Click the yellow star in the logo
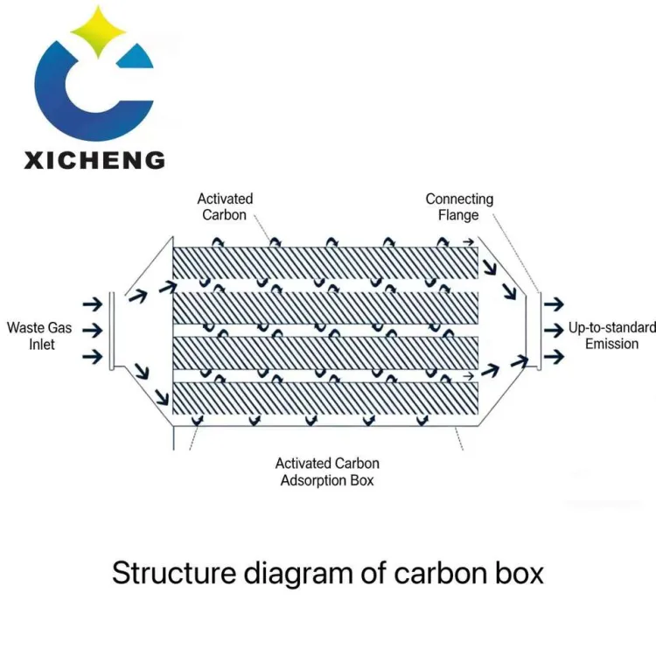(98, 31)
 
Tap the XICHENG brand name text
(95, 160)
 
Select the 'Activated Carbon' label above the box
(225, 206)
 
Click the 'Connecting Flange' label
(459, 206)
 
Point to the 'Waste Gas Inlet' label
(39, 336)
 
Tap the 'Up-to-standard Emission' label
(611, 335)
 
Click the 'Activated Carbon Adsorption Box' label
(327, 471)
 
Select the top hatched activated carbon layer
(325, 262)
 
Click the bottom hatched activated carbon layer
(325, 398)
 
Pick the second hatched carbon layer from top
(325, 308)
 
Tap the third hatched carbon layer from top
(325, 352)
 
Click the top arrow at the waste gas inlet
(93, 304)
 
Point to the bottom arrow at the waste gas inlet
(93, 357)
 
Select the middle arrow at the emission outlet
(554, 331)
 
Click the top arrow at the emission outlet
(554, 304)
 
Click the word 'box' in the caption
(520, 573)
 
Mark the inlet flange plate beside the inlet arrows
(112, 331)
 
